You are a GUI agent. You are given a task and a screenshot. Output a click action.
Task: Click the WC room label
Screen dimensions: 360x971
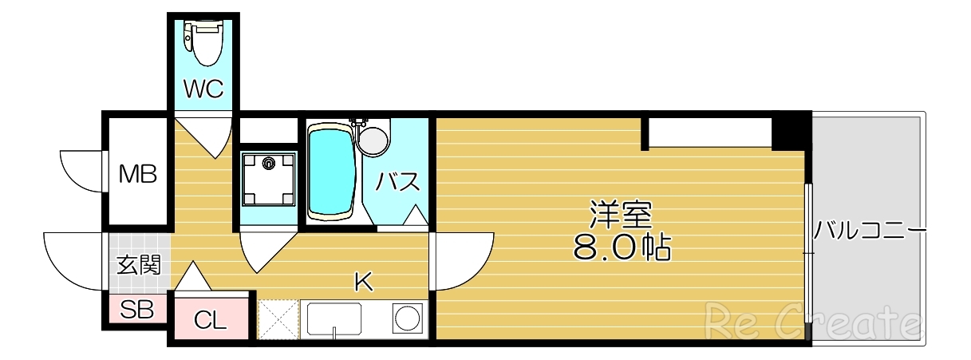203,89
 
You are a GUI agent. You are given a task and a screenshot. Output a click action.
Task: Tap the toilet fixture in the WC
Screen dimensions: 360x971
204,43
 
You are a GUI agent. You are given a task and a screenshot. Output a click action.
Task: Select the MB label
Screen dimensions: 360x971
137,172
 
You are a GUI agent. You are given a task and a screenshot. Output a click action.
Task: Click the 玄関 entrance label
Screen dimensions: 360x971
139,265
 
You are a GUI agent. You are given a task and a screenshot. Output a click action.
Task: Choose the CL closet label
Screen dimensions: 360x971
211,321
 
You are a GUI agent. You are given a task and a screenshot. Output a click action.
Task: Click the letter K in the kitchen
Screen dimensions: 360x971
364,281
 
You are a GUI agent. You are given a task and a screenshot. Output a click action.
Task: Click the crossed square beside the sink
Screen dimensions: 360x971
277,318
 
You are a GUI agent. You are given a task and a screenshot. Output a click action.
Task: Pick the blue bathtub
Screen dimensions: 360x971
331,171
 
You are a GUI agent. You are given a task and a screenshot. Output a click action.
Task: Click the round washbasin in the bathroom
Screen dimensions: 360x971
373,140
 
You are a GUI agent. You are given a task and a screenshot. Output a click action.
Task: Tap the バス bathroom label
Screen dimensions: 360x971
398,182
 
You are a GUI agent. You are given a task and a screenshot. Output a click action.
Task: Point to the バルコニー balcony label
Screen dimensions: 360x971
870,232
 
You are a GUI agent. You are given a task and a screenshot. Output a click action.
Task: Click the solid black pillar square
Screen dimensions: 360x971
791,132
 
